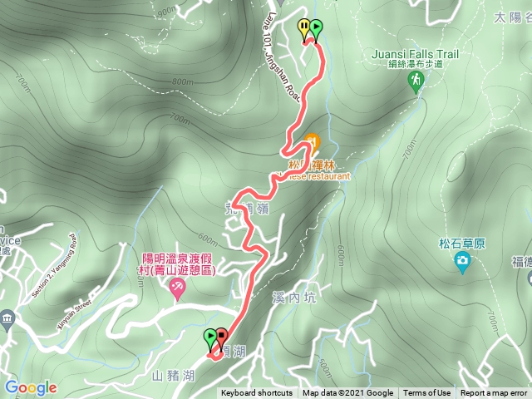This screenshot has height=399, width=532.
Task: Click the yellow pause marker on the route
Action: pyautogui.click(x=304, y=27)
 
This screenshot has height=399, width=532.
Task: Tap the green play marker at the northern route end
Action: pyautogui.click(x=316, y=27)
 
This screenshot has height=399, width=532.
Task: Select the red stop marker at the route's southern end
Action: pyautogui.click(x=222, y=336)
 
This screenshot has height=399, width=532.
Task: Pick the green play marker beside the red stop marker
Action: pyautogui.click(x=210, y=336)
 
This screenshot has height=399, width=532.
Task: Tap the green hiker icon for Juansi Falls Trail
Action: pyautogui.click(x=415, y=80)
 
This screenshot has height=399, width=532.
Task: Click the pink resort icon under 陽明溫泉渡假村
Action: pyautogui.click(x=176, y=288)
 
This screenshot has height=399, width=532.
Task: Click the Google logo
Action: pyautogui.click(x=31, y=387)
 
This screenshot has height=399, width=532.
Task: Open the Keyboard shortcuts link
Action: pyautogui.click(x=257, y=393)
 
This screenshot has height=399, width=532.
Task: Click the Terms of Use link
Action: pyautogui.click(x=427, y=393)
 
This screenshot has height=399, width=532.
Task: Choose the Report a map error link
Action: pyautogui.click(x=494, y=393)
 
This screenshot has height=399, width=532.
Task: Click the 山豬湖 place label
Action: pyautogui.click(x=172, y=376)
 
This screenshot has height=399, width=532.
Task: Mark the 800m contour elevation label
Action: pyautogui.click(x=182, y=81)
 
